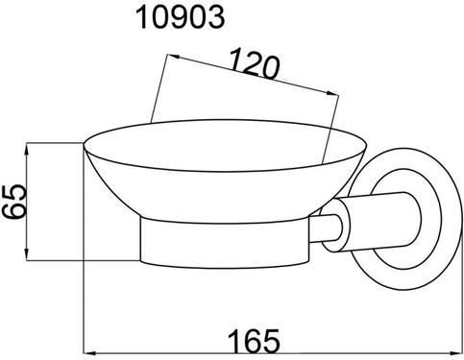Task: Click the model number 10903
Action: coord(181,17)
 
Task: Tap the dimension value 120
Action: coord(254,63)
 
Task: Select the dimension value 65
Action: coord(14,202)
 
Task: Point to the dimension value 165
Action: coord(254,340)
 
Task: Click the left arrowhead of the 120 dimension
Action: coord(173,57)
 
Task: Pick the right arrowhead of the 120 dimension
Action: coord(332,93)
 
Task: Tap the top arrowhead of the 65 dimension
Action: coord(27,149)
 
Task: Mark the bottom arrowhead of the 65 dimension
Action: coord(27,255)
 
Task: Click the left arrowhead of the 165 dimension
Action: coord(89,353)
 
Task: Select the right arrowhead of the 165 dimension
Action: coord(456,353)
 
